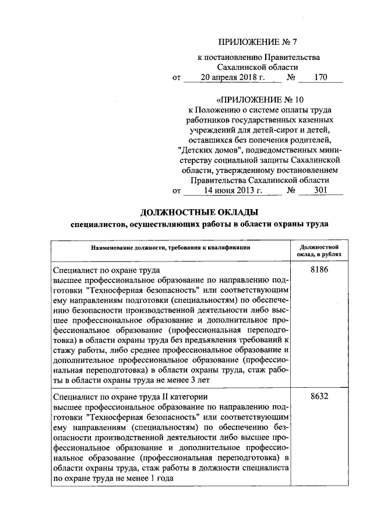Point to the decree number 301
point(320,190)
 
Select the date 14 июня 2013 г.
point(224,190)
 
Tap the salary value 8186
point(321,270)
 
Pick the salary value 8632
point(321,397)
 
